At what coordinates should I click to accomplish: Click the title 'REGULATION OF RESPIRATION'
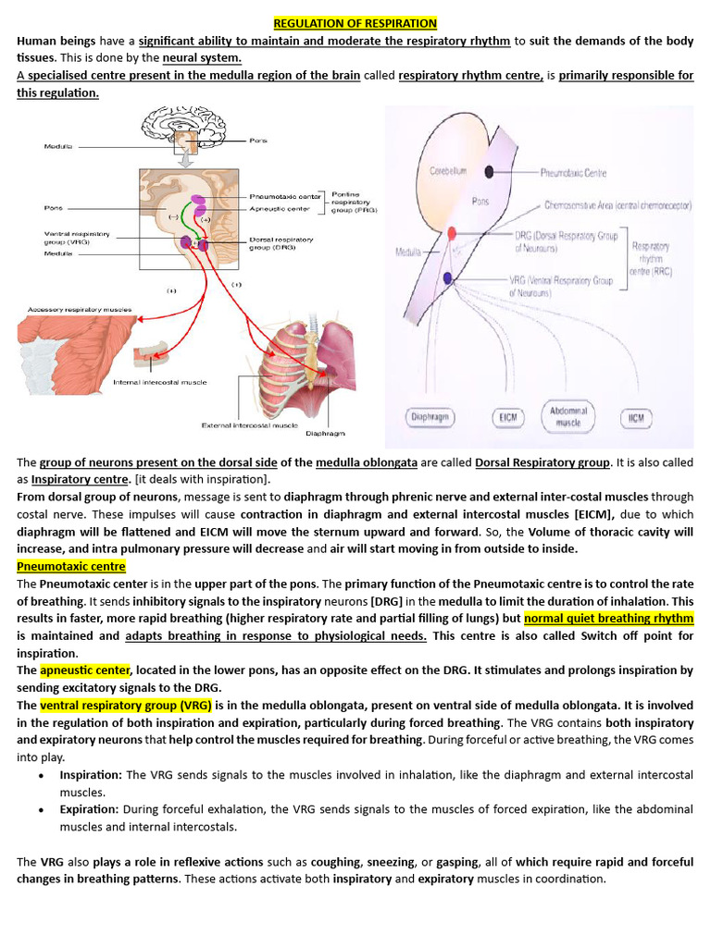pyautogui.click(x=355, y=23)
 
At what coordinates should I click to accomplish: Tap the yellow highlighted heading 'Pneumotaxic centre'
pyautogui.click(x=70, y=566)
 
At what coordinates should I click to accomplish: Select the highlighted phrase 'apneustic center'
pyautogui.click(x=85, y=670)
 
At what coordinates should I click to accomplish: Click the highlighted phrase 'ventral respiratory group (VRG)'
pyautogui.click(x=125, y=705)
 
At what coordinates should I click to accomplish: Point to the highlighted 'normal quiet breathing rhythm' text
pyautogui.click(x=608, y=619)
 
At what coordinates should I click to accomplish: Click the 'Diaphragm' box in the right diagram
pyautogui.click(x=430, y=418)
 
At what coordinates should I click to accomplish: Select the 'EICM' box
pyautogui.click(x=507, y=418)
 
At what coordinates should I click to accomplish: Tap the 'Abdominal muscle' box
pyautogui.click(x=568, y=416)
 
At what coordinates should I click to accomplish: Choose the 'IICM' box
pyautogui.click(x=635, y=418)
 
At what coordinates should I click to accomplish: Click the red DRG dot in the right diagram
pyautogui.click(x=452, y=233)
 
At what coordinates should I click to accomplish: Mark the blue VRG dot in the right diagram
pyautogui.click(x=447, y=278)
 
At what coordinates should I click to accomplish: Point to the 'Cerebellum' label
pyautogui.click(x=447, y=171)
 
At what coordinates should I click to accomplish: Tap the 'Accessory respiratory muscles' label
pyautogui.click(x=80, y=309)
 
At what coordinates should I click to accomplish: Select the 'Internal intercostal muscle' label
pyautogui.click(x=160, y=382)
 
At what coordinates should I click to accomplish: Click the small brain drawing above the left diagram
pyautogui.click(x=182, y=128)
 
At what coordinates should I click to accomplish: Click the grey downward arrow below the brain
pyautogui.click(x=185, y=159)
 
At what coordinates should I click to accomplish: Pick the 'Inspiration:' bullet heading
pyautogui.click(x=92, y=775)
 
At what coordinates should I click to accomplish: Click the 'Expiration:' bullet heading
pyautogui.click(x=90, y=809)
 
